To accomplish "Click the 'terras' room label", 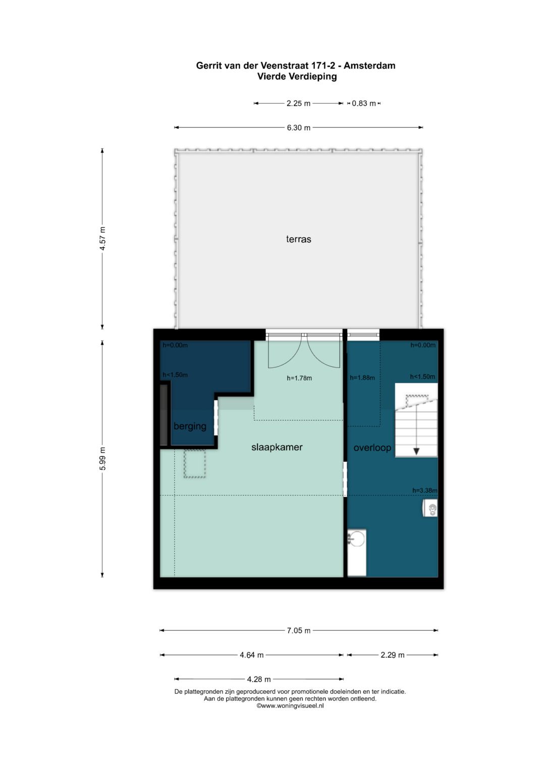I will (298, 239).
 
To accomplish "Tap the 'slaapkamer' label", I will (277, 447).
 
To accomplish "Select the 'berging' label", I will (190, 426).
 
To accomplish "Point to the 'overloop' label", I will (372, 448).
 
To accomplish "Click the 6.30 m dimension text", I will (298, 128).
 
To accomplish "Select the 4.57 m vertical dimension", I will (102, 239).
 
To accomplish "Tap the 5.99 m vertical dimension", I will (102, 458).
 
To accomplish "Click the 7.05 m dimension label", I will (298, 630).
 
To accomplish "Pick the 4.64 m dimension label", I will (251, 655).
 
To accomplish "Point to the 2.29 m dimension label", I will (392, 655).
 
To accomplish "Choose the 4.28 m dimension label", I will (259, 679).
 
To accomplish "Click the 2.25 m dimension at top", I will (298, 104).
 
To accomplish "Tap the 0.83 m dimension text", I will (363, 104).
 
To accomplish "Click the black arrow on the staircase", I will (416, 450).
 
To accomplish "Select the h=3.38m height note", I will (424, 490).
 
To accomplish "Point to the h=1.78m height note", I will (299, 378).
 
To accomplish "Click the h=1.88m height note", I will (362, 378).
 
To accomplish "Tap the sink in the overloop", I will (357, 539).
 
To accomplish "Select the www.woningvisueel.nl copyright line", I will (290, 706).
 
